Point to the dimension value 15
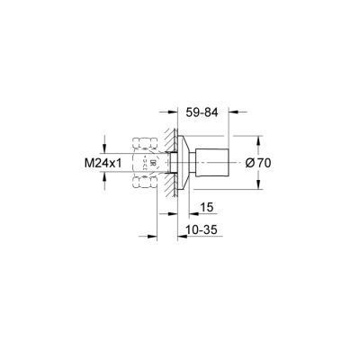[205, 207]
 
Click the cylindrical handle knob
[218, 163]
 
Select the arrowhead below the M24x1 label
[107, 179]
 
